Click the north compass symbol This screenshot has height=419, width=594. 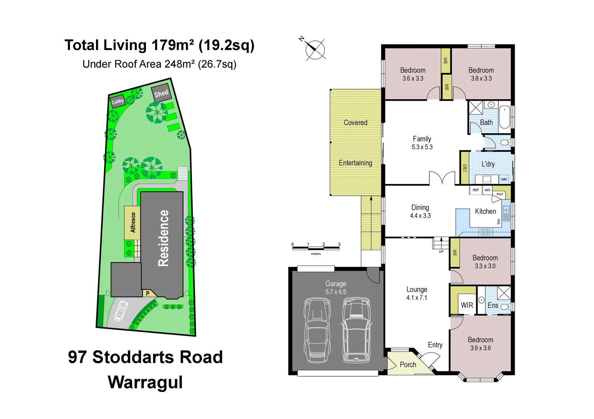pyautogui.click(x=315, y=49)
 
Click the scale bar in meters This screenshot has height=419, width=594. pyautogui.click(x=315, y=248)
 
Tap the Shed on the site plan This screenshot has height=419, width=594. pyautogui.click(x=161, y=93)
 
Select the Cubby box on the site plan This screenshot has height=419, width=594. pyautogui.click(x=117, y=101)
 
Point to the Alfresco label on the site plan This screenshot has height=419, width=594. pyautogui.click(x=133, y=223)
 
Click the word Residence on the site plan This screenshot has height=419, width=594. pyautogui.click(x=163, y=238)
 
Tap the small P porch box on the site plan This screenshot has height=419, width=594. pyautogui.click(x=148, y=293)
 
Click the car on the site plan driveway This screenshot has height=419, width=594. pyautogui.click(x=121, y=311)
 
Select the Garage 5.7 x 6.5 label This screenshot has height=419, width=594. pyautogui.click(x=336, y=288)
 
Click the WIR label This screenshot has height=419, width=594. pyautogui.click(x=467, y=305)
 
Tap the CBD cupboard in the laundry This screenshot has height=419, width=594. pyautogui.click(x=465, y=168)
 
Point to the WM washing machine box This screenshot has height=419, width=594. pyautogui.click(x=504, y=179)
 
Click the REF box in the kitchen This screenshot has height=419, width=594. pyautogui.click(x=476, y=190)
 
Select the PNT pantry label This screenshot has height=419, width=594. pyautogui.click(x=500, y=194)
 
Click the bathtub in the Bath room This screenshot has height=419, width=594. pyautogui.click(x=504, y=116)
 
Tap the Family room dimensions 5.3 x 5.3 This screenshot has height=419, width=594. pyautogui.click(x=422, y=147)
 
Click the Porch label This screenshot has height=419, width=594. pyautogui.click(x=408, y=365)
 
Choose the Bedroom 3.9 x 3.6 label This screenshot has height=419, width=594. pyautogui.click(x=481, y=344)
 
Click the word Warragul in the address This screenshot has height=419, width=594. pyautogui.click(x=145, y=382)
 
